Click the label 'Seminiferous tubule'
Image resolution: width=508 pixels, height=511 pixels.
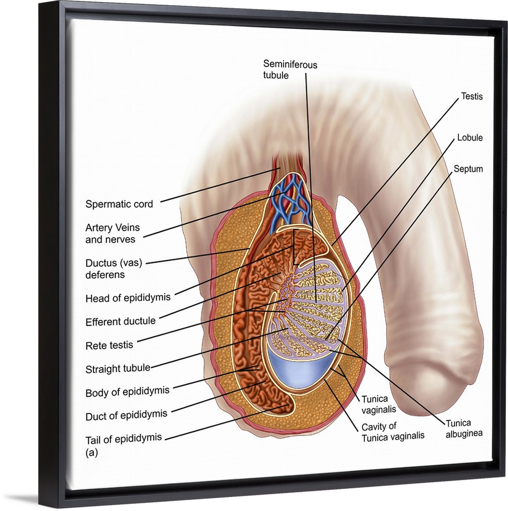(x=290, y=69)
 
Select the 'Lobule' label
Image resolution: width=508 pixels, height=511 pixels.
(x=470, y=138)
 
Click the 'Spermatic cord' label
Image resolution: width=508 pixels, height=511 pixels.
(x=119, y=204)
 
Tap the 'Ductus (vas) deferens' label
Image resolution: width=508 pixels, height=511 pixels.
(x=113, y=269)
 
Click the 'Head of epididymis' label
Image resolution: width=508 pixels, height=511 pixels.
(x=128, y=298)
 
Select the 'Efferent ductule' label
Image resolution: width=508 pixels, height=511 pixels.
(x=121, y=321)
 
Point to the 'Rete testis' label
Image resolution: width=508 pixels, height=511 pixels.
(x=109, y=345)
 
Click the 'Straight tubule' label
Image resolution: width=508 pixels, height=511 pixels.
(x=118, y=368)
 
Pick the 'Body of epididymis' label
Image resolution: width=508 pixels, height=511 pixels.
(x=127, y=392)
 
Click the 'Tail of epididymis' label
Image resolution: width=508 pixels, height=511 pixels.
(x=124, y=437)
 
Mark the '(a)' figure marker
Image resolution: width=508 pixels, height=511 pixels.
(x=91, y=452)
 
